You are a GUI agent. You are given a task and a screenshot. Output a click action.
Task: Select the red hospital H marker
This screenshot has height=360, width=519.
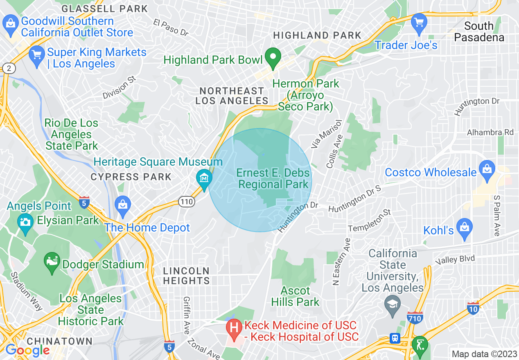coord(234,329)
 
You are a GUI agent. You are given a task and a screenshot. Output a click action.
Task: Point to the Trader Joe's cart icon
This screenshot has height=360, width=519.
coord(419,22)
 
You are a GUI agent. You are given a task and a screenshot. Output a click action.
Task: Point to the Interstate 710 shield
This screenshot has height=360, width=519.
coord(415,317)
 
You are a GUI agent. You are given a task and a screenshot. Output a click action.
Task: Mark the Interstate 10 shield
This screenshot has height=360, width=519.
coord(473,308)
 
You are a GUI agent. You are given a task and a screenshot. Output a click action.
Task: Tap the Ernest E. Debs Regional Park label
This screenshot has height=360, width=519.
coord(273,179)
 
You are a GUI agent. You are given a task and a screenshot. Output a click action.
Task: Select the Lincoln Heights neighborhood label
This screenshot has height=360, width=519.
coord(186,276)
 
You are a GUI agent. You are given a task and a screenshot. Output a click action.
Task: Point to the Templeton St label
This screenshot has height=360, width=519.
coord(370,220)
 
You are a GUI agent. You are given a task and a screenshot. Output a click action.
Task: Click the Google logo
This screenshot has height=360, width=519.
coord(27,350)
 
